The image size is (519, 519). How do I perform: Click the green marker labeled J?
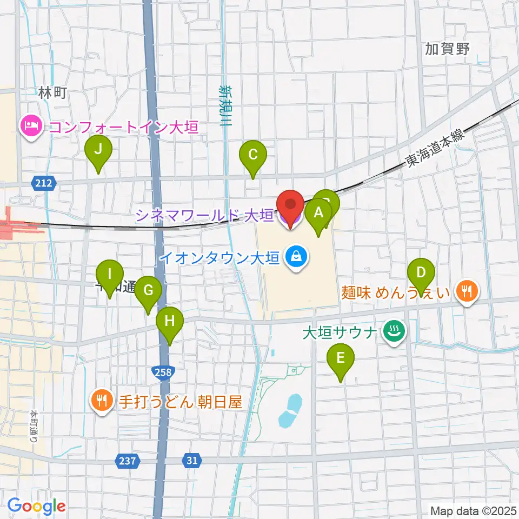coord(98,151)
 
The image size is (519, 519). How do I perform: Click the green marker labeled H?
coord(169,322)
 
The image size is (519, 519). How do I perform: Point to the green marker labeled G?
coord(148,291)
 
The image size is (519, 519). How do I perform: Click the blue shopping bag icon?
coord(296,256)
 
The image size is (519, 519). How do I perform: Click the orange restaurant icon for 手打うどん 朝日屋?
coord(101,401)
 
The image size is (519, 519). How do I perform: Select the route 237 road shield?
coord(128,461)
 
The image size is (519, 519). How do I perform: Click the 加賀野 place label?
coord(447,49)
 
